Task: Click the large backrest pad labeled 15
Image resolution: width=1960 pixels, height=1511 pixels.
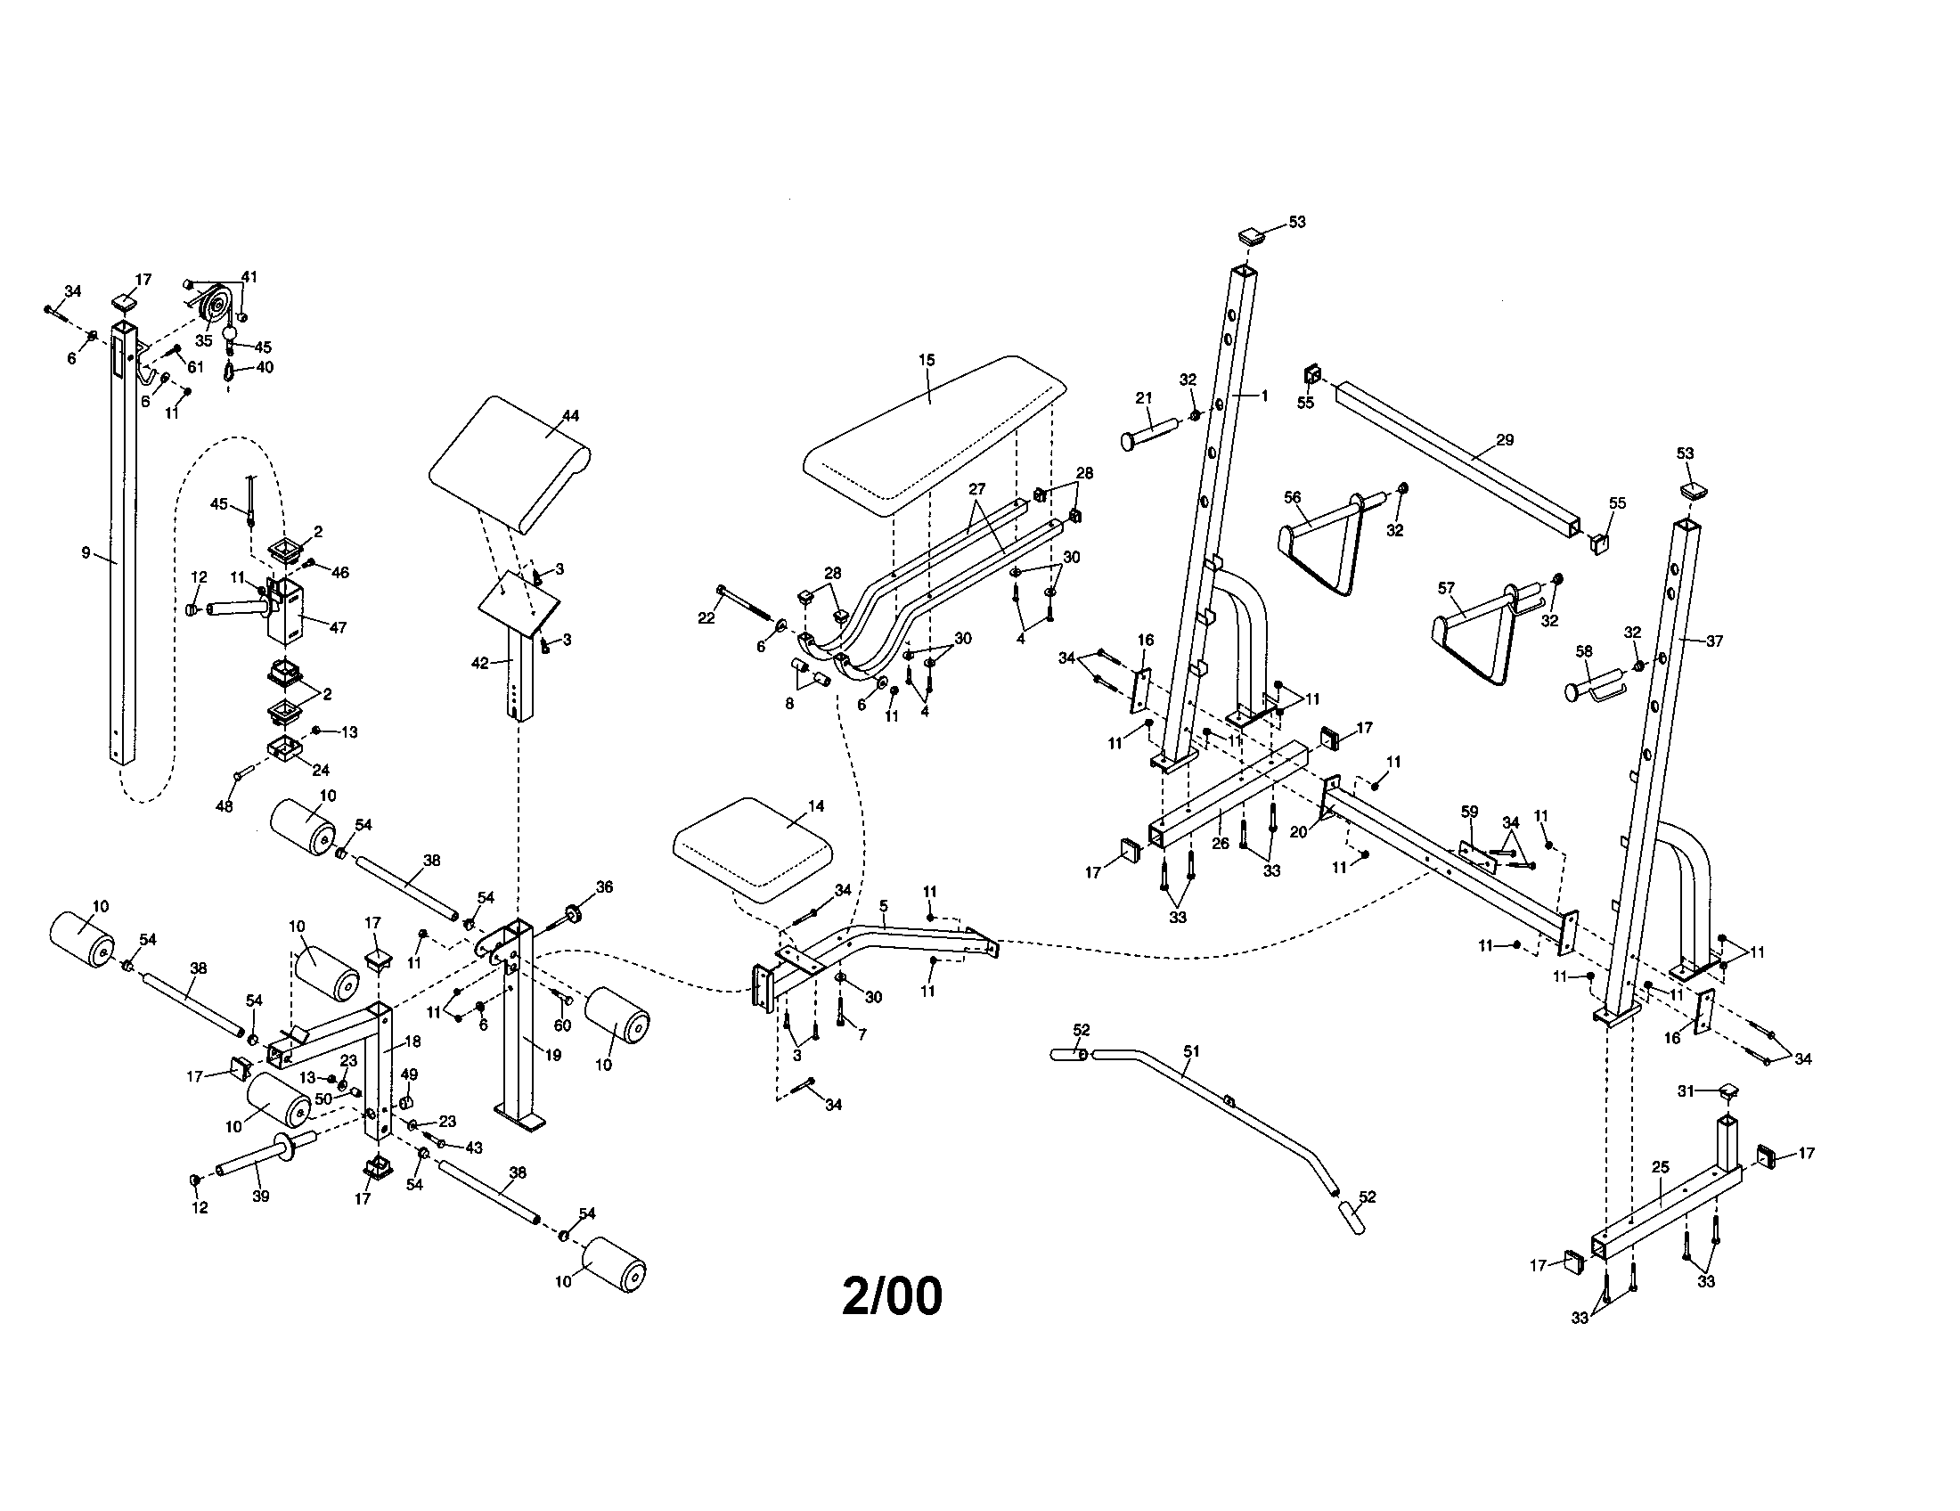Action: coord(934,439)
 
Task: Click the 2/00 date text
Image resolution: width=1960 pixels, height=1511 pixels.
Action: coord(892,1295)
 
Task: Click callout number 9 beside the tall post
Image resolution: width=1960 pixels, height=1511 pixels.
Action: coord(86,552)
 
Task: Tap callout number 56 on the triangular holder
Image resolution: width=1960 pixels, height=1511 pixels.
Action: coord(1292,498)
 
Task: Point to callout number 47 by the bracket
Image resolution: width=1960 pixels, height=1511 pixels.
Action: coord(338,628)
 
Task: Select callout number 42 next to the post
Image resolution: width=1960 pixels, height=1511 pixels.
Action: coord(480,663)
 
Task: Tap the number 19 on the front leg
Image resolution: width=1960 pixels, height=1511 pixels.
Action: coord(553,1055)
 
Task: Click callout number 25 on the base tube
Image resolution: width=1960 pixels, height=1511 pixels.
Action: coord(1661,1167)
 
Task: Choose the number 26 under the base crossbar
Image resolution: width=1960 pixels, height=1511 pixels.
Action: coord(1220,845)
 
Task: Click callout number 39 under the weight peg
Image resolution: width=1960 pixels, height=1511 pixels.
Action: coord(260,1196)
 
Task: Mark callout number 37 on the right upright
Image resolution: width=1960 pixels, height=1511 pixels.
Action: coord(1714,641)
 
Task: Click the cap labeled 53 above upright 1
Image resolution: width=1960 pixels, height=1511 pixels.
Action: coord(1250,237)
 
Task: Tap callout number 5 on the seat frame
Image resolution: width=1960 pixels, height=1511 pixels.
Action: coord(883,907)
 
